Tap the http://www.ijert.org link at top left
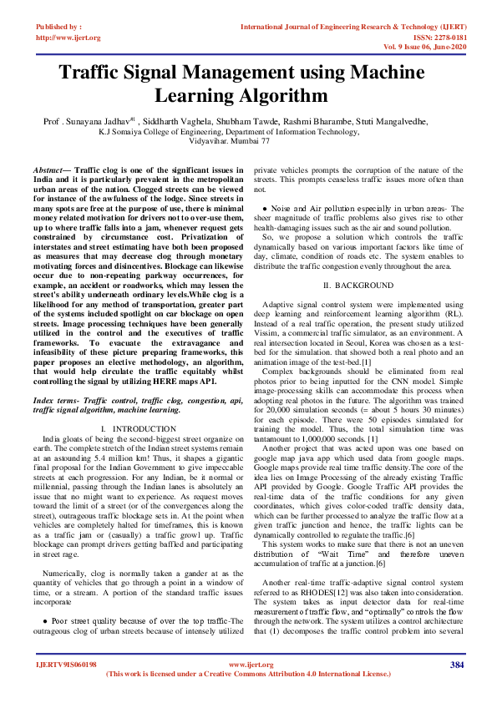pyautogui.click(x=68, y=38)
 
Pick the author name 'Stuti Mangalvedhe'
pyautogui.click(x=392, y=121)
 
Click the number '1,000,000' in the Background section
pyautogui.click(x=322, y=438)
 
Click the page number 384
pyautogui.click(x=456, y=665)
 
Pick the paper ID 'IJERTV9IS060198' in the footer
pyautogui.click(x=66, y=665)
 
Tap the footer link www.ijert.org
pyautogui.click(x=251, y=665)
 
